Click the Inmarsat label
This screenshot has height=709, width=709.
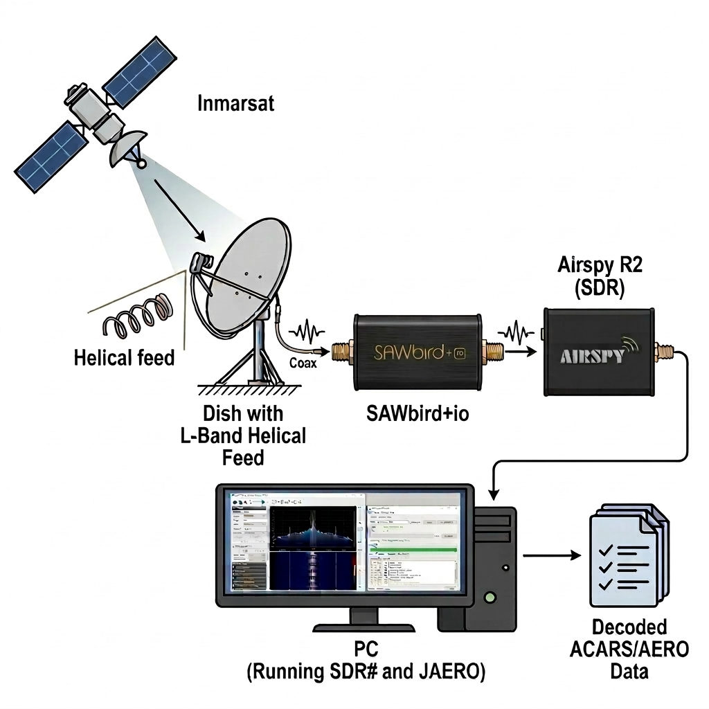coord(235,105)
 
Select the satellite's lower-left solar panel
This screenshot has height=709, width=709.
coord(50,158)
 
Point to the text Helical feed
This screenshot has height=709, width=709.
coord(124,358)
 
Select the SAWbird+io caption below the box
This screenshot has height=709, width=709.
coord(416,415)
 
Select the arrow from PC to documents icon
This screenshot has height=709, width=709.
coord(551,555)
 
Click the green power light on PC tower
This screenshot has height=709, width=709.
coord(490,595)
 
